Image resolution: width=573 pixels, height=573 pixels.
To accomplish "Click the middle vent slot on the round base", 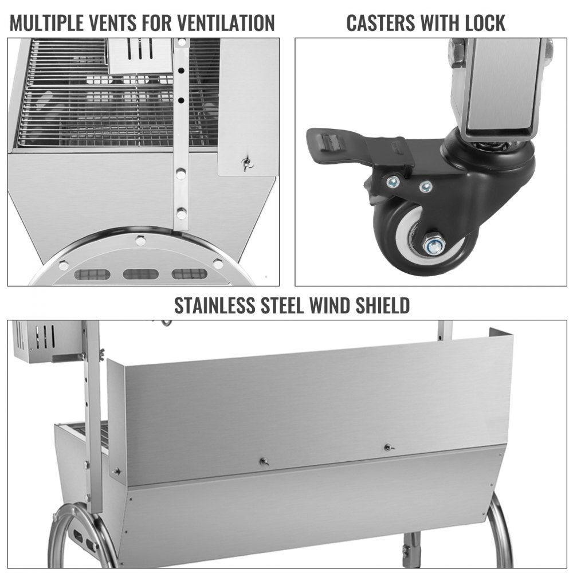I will click(140, 274).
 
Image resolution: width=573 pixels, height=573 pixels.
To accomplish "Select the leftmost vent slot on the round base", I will click(92, 274).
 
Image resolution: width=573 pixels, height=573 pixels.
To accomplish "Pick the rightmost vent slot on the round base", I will click(190, 274).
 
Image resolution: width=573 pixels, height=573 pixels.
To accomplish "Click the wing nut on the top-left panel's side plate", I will click(247, 164).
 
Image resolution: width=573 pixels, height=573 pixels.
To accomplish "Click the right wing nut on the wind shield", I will click(387, 447).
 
